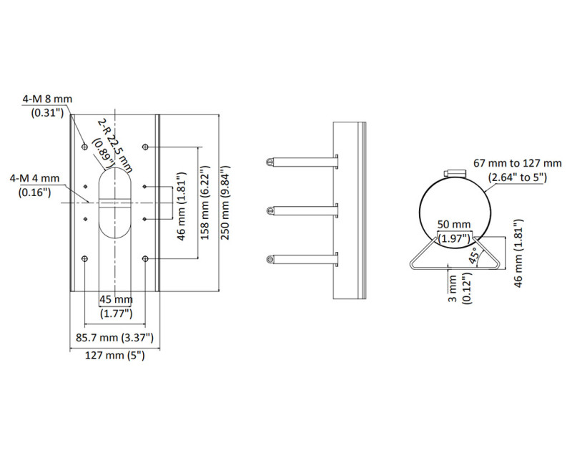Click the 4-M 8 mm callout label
pos(48,105)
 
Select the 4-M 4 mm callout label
pos(36,185)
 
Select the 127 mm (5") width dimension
pos(114,356)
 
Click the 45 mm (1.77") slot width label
pos(114,306)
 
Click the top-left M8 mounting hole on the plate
pos(85,147)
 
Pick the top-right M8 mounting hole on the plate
pos(146,147)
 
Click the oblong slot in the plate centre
pos(115,203)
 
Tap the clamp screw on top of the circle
pos(454,174)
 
